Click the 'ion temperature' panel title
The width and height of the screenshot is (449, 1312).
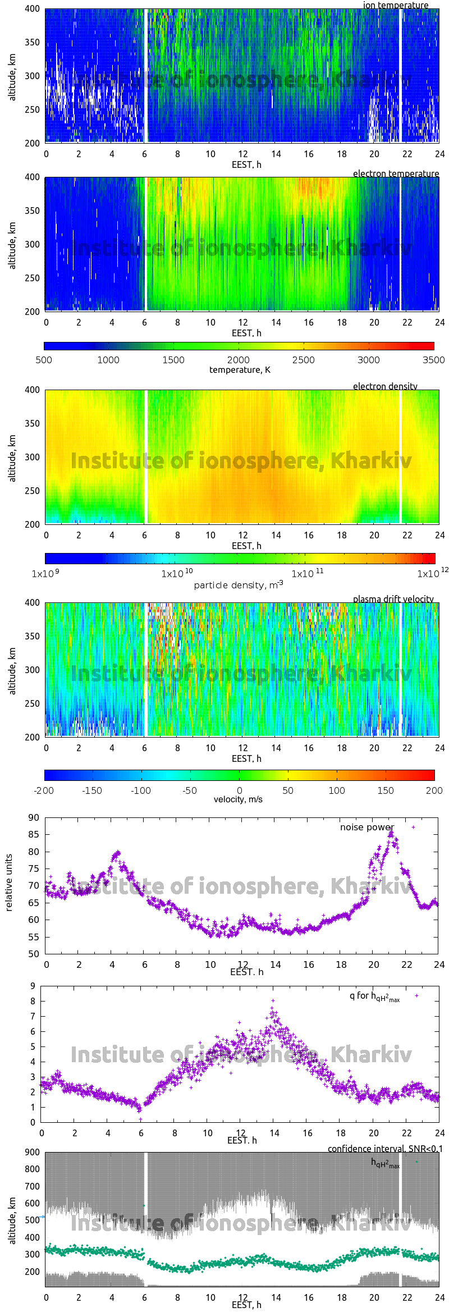pyautogui.click(x=395, y=5)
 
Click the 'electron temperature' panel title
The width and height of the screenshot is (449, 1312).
pyautogui.click(x=396, y=173)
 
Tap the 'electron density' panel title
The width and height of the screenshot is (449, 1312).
pyautogui.click(x=385, y=386)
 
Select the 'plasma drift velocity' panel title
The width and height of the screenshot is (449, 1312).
pyautogui.click(x=393, y=599)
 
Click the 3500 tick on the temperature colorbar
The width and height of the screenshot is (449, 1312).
pyautogui.click(x=433, y=360)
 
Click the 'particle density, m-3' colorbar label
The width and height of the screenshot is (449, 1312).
pyautogui.click(x=239, y=585)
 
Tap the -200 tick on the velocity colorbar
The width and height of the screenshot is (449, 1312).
pyautogui.click(x=44, y=790)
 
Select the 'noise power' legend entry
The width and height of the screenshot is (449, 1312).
pyautogui.click(x=367, y=827)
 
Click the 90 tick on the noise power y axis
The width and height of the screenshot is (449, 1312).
pyautogui.click(x=34, y=817)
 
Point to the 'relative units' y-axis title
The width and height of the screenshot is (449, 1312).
pyautogui.click(x=9, y=883)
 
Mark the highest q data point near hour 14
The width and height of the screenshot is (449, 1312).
pyautogui.click(x=273, y=1000)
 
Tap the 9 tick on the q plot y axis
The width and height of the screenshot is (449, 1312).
pyautogui.click(x=33, y=986)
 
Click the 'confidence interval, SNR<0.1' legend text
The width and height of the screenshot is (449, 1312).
pyautogui.click(x=385, y=1149)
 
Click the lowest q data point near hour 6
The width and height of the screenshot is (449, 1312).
pyautogui.click(x=140, y=1119)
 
